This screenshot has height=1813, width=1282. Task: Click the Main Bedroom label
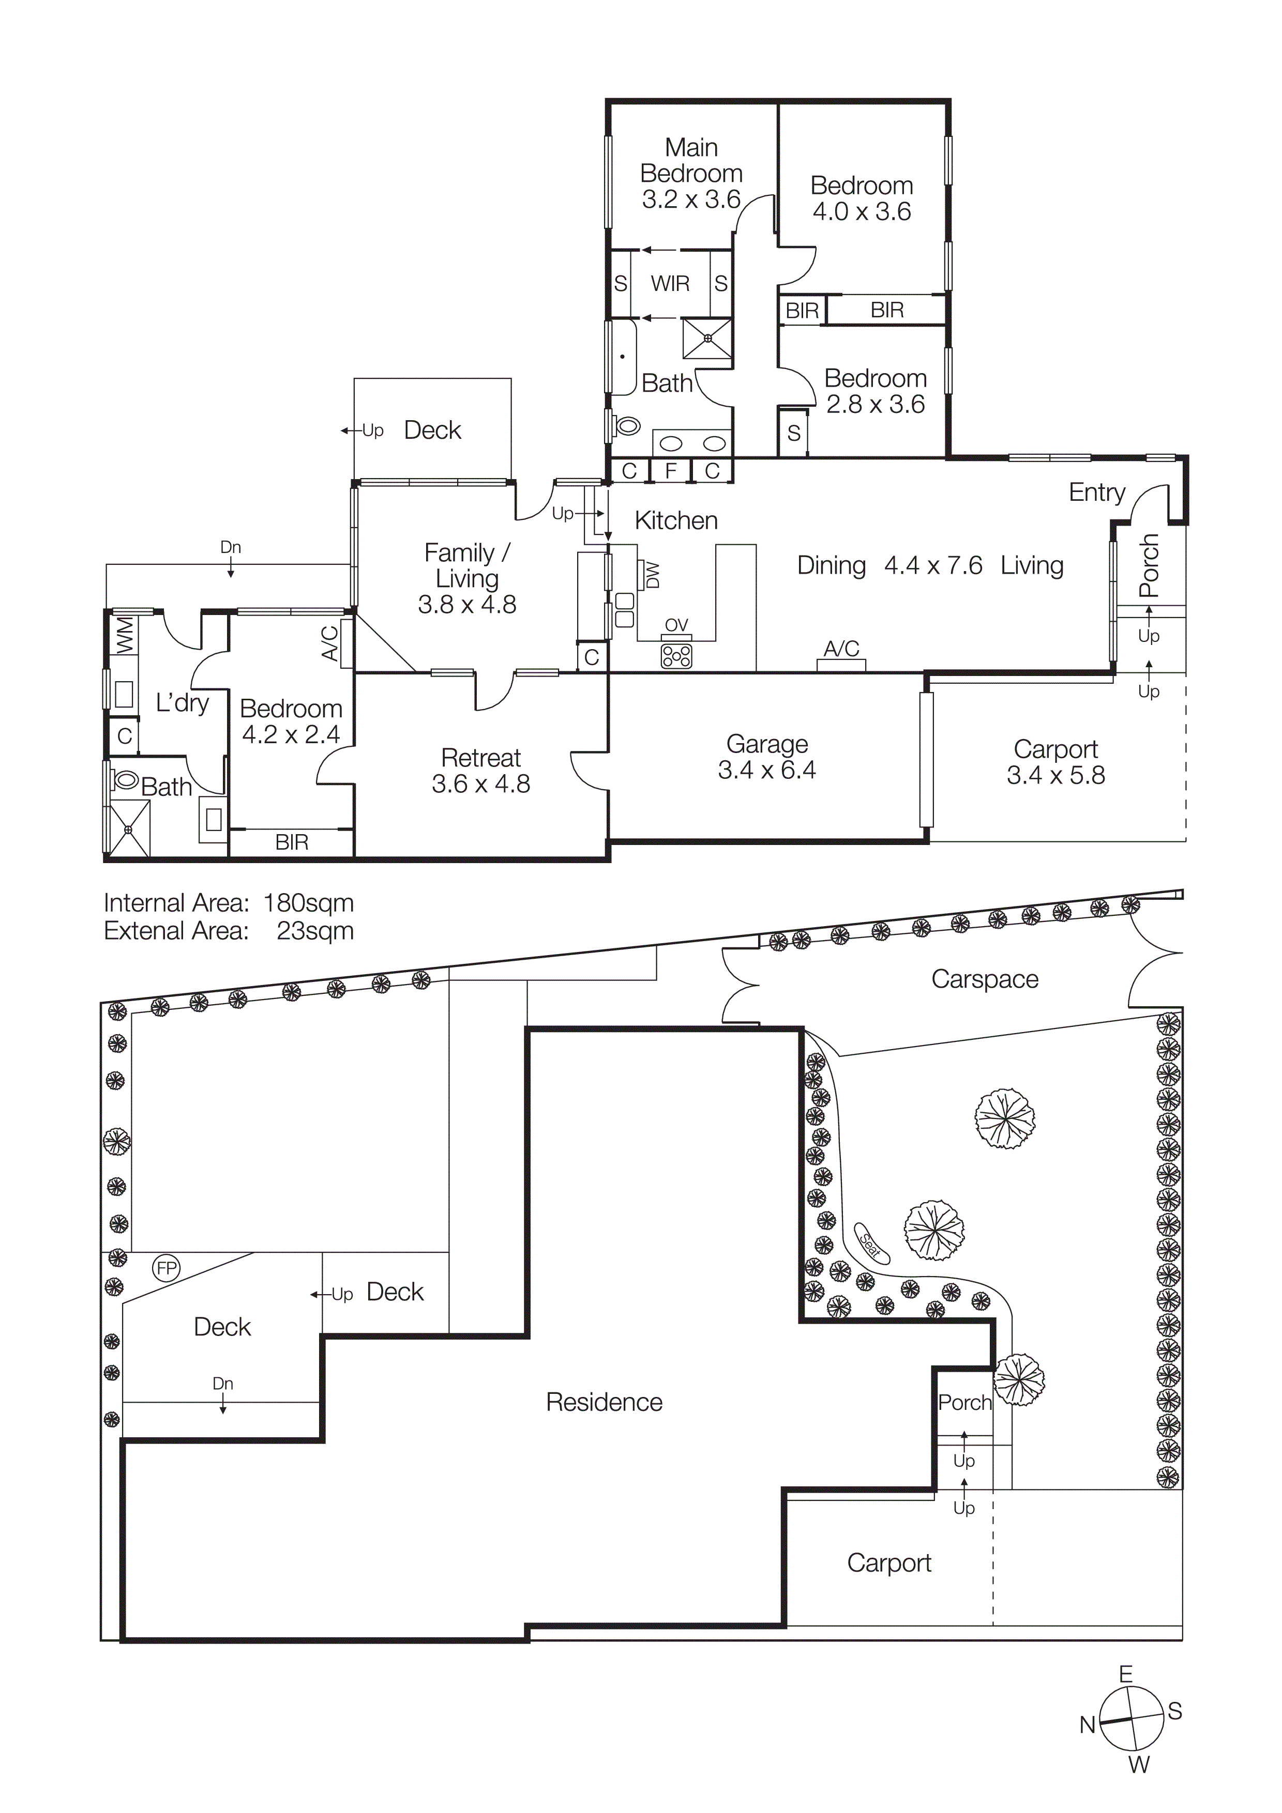[x=691, y=160]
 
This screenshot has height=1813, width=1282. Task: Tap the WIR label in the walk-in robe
[x=670, y=284]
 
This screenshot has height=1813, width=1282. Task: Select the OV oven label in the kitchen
[x=676, y=625]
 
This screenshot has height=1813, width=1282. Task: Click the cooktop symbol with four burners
[x=676, y=655]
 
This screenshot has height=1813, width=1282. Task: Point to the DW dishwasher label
[x=653, y=575]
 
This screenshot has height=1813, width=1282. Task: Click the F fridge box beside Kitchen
[x=671, y=471]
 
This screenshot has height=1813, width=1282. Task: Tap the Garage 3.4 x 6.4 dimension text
[x=766, y=770]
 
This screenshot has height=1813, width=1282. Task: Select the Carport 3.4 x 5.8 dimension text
[x=1055, y=775]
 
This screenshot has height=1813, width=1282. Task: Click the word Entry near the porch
[x=1096, y=492]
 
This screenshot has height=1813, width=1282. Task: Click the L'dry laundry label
[x=182, y=703]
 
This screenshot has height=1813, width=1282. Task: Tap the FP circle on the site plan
[x=167, y=1269]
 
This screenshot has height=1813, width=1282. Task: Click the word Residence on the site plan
[x=604, y=1403]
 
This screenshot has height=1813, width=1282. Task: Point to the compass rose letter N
[x=1088, y=1725]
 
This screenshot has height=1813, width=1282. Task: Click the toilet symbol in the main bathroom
[x=626, y=426]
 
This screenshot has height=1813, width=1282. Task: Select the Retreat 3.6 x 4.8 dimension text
[x=480, y=784]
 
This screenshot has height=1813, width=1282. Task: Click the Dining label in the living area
[x=831, y=565]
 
